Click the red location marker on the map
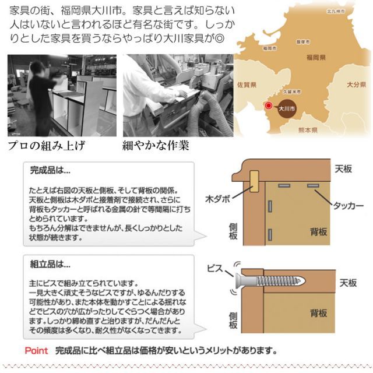click(269, 106)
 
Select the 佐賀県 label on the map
click(247, 85)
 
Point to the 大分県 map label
click(356, 85)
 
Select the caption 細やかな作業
click(155, 145)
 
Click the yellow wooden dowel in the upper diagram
click(255, 181)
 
